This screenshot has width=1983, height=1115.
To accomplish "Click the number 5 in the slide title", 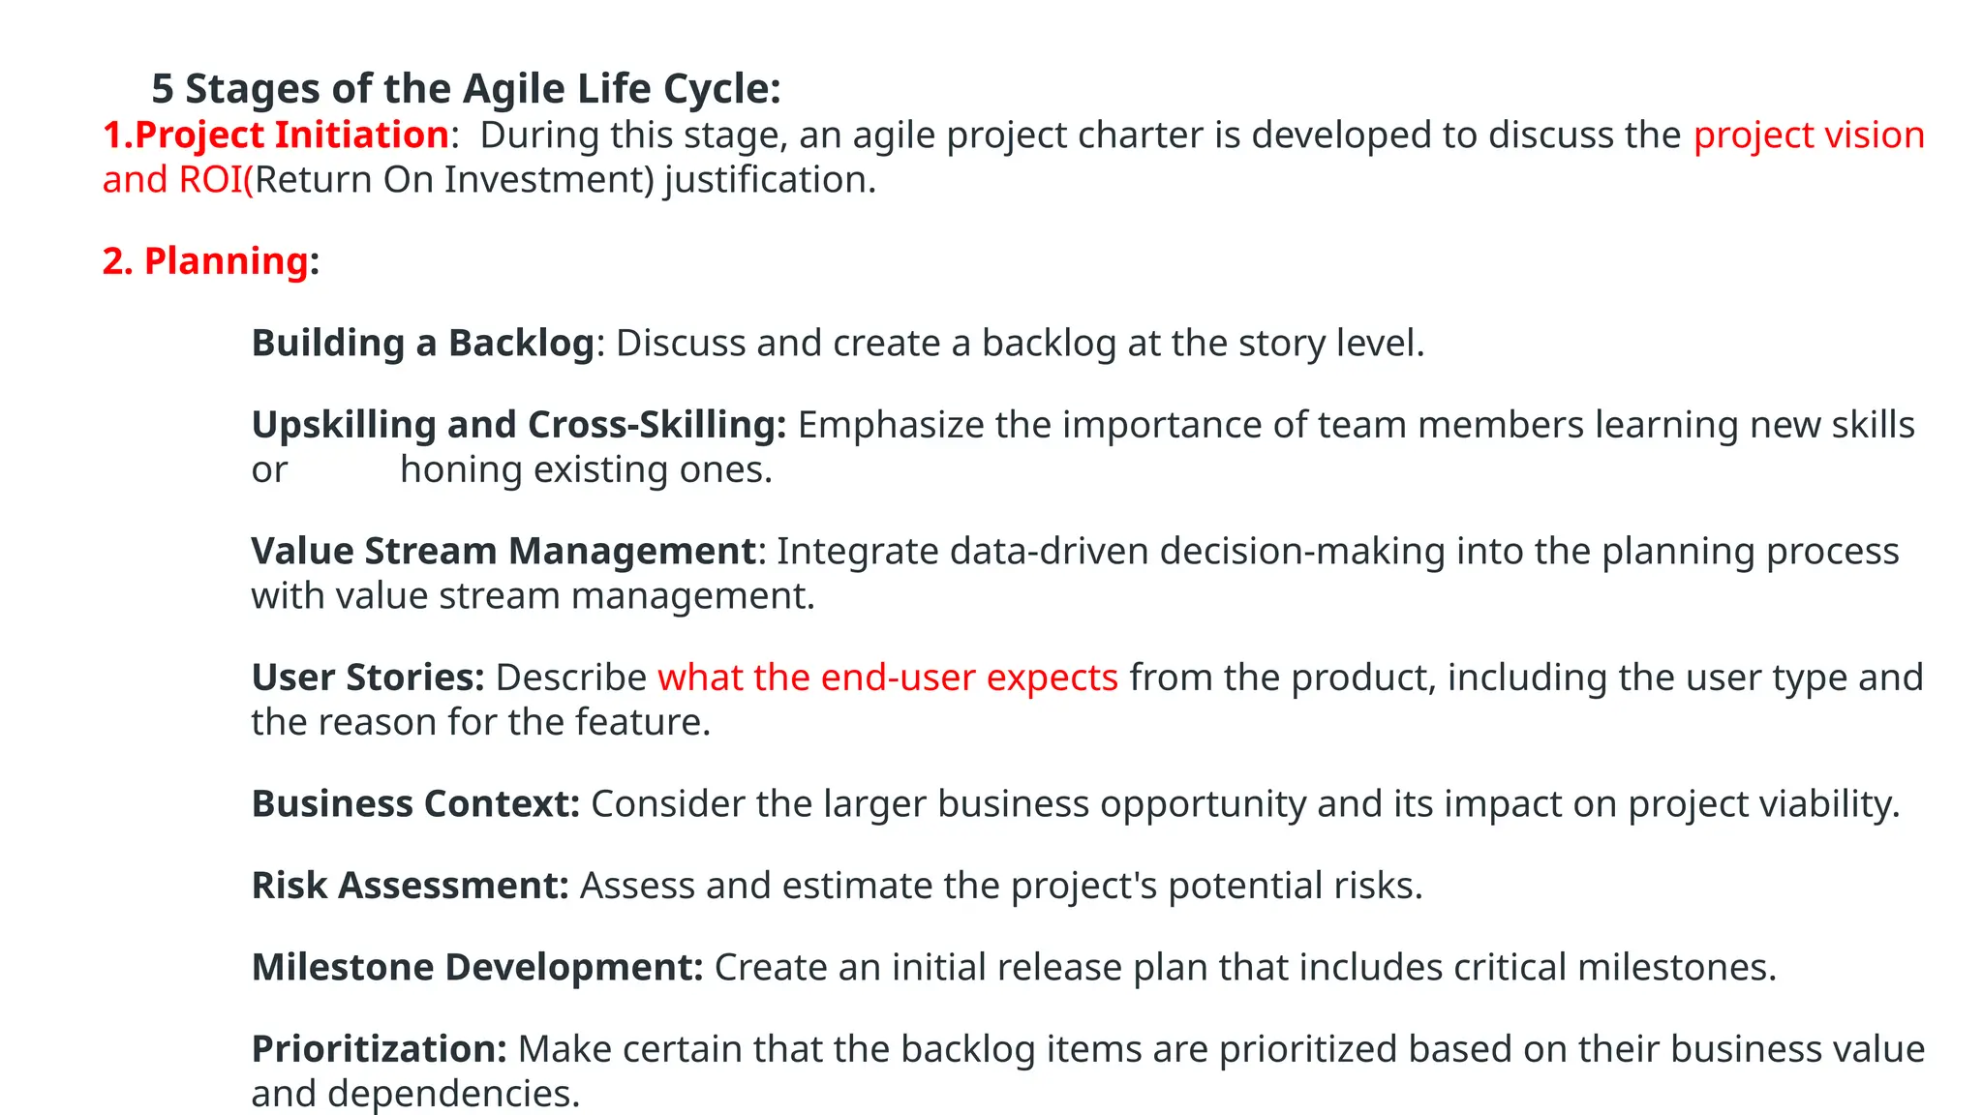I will click(163, 89).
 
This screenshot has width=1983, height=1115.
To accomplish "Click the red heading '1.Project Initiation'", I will click(276, 135).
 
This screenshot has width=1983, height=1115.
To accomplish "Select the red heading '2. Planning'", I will click(205, 261).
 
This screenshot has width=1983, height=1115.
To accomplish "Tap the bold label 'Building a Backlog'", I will click(422, 344).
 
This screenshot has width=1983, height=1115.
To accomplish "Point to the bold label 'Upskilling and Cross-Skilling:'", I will click(519, 425).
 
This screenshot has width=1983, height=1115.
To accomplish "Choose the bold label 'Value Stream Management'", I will click(503, 551).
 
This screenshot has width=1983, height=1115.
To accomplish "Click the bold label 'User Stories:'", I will click(368, 678).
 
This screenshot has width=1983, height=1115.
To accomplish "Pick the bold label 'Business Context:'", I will click(415, 804).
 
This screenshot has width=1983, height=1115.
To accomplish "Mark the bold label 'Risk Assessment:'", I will click(410, 886).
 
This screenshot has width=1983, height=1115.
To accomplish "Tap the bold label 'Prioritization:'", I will click(379, 1049).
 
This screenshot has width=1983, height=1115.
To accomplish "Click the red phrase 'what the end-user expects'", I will click(888, 678).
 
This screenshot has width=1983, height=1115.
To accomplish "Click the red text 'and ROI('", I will click(178, 180).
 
